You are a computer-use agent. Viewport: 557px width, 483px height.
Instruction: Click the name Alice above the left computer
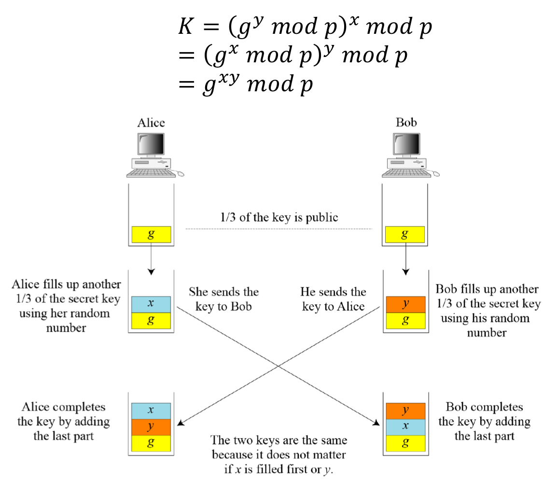[x=151, y=123]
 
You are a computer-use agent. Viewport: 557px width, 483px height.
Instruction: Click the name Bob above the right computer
[x=406, y=123]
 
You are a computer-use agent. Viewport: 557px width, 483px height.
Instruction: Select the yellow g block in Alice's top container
[x=151, y=234]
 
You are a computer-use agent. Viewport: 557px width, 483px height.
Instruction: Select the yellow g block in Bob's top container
[x=405, y=235]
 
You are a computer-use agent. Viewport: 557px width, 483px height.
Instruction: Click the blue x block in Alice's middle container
[x=151, y=304]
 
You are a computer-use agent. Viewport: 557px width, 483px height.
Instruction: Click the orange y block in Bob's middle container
[x=405, y=304]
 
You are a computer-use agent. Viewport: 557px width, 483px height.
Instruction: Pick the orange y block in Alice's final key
[x=151, y=426]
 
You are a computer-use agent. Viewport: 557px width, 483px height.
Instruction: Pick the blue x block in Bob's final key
[x=405, y=427]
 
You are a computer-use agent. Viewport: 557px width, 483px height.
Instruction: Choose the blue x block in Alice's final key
[x=151, y=410]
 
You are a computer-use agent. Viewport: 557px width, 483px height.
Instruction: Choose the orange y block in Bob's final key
[x=405, y=411]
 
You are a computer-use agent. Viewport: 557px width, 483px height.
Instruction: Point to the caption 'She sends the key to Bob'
[x=223, y=299]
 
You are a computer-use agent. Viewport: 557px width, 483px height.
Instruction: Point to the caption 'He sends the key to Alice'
[x=334, y=299]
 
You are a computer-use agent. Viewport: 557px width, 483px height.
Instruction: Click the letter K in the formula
[x=185, y=28]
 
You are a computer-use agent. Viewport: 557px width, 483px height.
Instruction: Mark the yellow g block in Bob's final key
[x=405, y=443]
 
